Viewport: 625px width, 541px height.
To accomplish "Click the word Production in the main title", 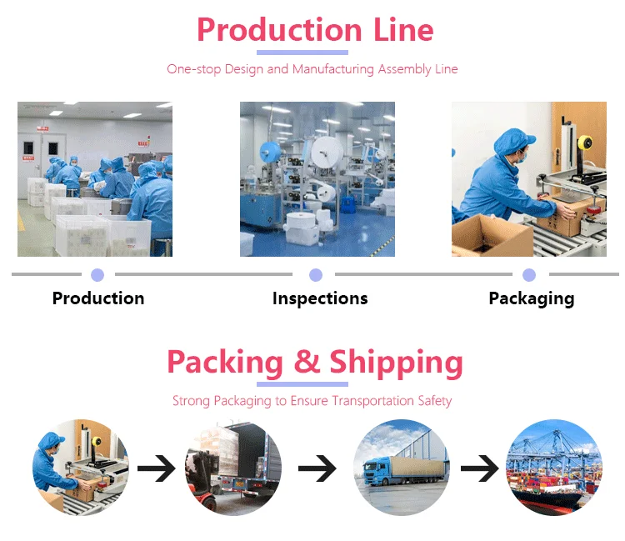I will (279, 31).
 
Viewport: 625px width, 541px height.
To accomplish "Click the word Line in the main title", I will (402, 31).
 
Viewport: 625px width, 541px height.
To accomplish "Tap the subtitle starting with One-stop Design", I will (312, 69).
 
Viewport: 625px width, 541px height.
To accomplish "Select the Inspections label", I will (320, 298).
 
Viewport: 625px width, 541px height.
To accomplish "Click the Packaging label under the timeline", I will (531, 298).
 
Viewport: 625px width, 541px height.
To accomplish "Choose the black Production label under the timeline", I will (98, 298).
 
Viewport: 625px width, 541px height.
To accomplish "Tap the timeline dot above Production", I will (97, 275).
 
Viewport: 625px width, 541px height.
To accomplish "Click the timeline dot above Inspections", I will (316, 275).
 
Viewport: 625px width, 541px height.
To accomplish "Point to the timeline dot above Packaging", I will (529, 275).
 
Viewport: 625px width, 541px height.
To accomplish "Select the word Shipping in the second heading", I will (396, 363).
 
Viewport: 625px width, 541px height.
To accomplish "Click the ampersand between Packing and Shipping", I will (307, 363).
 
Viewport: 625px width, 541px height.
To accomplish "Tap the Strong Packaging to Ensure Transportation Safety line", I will (312, 401).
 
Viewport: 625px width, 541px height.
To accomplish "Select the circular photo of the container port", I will (554, 467).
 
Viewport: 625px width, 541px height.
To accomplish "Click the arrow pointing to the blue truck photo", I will (317, 468).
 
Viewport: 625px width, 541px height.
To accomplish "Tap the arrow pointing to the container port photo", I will (478, 468).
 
